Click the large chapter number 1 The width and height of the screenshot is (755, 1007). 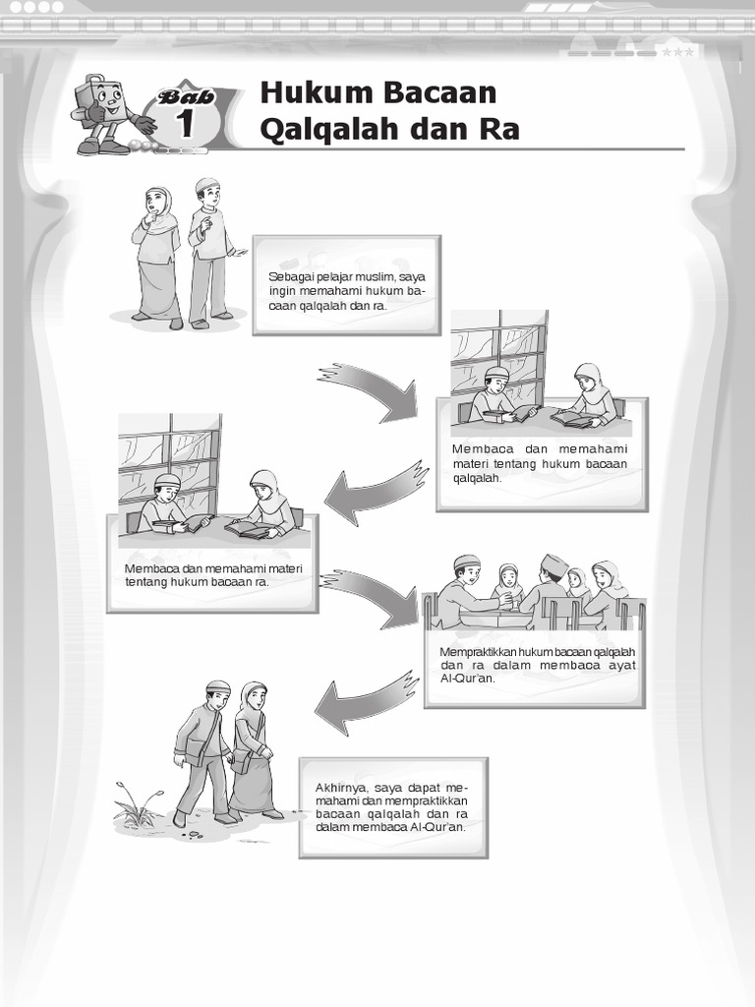(x=186, y=123)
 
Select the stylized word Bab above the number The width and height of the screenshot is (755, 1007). (x=187, y=97)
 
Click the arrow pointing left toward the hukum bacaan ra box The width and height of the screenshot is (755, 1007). (x=376, y=492)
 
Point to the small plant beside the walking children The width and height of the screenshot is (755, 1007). (x=137, y=803)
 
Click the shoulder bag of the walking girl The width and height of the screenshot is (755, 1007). (x=243, y=761)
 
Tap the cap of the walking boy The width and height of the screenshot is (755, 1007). (x=218, y=687)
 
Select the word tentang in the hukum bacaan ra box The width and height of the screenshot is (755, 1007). (x=145, y=582)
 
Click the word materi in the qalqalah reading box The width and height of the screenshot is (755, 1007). (x=470, y=464)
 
